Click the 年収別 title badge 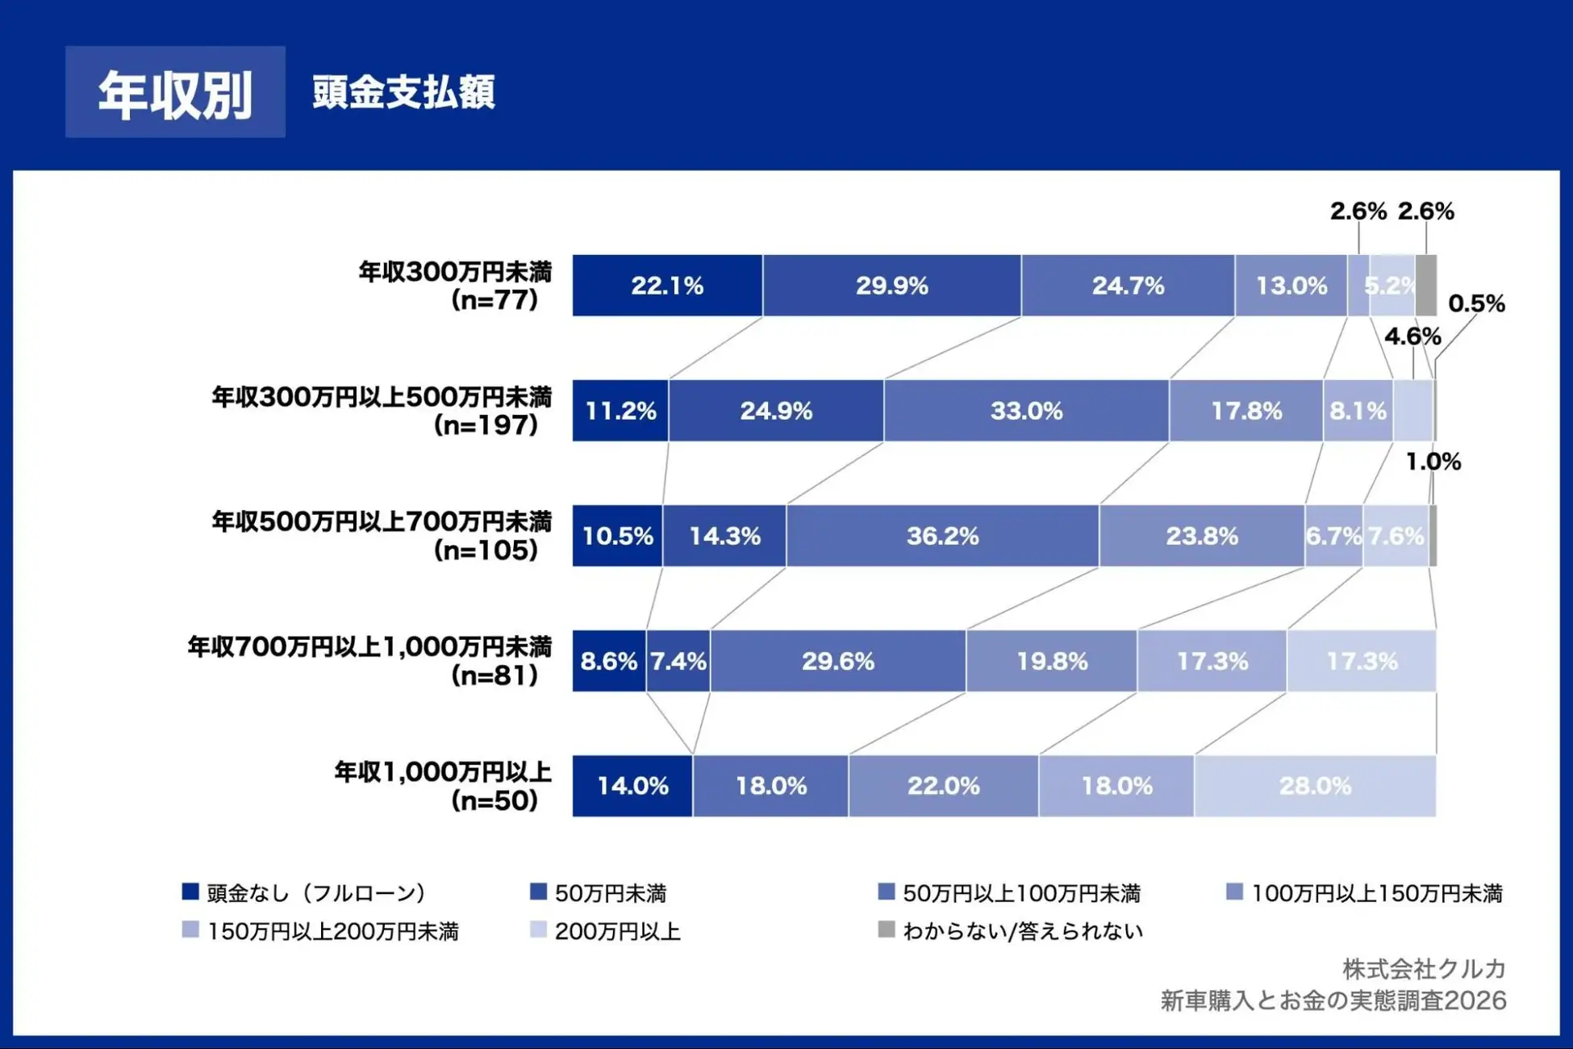(175, 92)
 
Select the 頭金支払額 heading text (403, 92)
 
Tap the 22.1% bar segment (667, 286)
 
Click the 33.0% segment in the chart (1026, 411)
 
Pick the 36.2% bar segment (942, 536)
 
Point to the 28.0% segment (1315, 786)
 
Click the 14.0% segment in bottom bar (632, 786)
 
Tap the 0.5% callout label (1476, 304)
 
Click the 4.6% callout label (1412, 336)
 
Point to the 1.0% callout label (1433, 462)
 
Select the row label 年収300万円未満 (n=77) (456, 286)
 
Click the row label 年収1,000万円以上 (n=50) (444, 786)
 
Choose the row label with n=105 (382, 536)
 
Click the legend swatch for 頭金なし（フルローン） (190, 892)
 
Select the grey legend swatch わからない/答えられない (887, 930)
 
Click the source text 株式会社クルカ (1424, 968)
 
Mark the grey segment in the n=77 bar (1425, 286)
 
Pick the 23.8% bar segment (1201, 536)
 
